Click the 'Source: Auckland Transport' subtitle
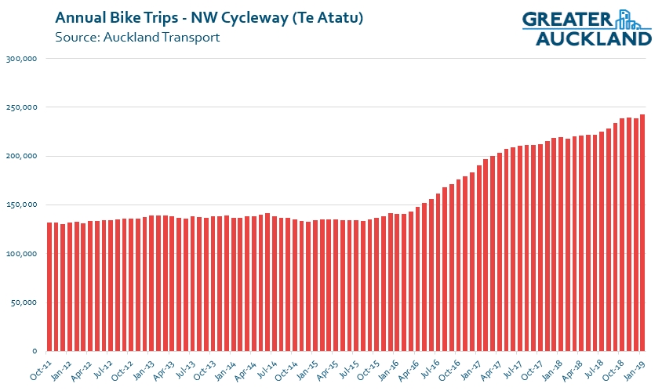tap(137, 37)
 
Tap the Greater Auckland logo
tap(586, 27)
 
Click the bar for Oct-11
tap(49, 287)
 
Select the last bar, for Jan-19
tap(642, 233)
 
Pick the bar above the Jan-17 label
tap(478, 258)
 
